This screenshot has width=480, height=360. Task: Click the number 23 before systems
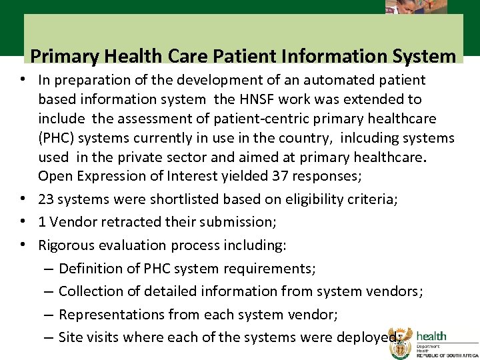click(47, 199)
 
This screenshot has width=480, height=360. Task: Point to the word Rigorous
click(65, 245)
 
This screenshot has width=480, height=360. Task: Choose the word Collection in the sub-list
click(91, 291)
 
